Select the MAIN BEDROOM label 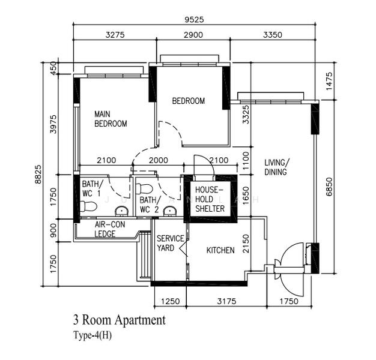coord(111,119)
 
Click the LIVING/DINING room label coord(277,167)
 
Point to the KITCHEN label coord(220,250)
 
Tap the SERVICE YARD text coord(170,243)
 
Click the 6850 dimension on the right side coord(329,187)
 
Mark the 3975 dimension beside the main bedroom coord(53,126)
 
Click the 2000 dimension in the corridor coord(158,160)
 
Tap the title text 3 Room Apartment coord(119,320)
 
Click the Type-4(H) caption coord(92,335)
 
